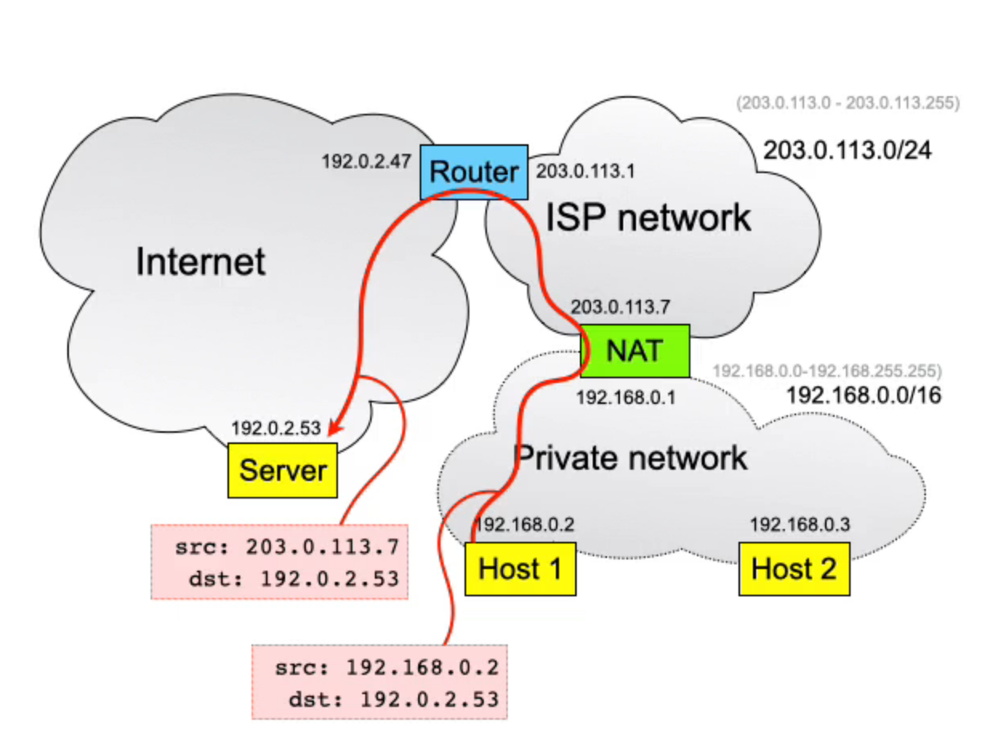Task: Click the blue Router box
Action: point(474,172)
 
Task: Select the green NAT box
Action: point(635,351)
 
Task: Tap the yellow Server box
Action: point(283,470)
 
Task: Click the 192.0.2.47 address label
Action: point(366,161)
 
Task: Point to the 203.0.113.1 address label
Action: point(586,171)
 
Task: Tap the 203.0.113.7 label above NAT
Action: point(620,305)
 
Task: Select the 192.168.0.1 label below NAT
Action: point(626,397)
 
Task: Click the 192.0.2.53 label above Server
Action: point(276,428)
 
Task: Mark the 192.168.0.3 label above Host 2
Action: point(799,524)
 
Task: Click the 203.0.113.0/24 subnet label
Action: point(847,150)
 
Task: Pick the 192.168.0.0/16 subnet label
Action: point(863,395)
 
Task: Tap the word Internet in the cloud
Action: point(200,261)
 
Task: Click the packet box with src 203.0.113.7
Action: point(280,562)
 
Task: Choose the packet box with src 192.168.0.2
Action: point(380,681)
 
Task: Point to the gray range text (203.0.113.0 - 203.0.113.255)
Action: point(847,103)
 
